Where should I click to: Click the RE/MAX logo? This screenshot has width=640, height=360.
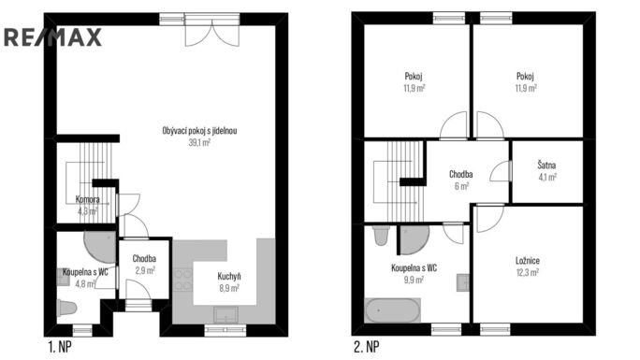pos(52,37)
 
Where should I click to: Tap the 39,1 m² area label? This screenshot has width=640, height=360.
pos(199,143)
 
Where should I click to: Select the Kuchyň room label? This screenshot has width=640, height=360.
pos(229,277)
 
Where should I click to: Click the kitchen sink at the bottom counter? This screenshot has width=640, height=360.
pos(225,315)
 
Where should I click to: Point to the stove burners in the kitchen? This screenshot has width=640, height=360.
pos(182,280)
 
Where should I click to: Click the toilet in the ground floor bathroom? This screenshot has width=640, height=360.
pos(66,308)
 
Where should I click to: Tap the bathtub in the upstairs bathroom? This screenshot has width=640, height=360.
pos(392,310)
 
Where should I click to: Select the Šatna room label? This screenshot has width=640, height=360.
pos(546,166)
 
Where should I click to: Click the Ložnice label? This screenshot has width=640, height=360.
pos(528,261)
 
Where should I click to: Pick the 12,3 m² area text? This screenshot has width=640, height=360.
pos(528,272)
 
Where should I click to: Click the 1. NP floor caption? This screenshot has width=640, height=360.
pos(60,347)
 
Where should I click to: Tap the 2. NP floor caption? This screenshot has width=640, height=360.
pos(366,347)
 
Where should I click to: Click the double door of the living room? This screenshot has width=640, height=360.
pos(212,31)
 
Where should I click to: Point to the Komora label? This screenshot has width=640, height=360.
pos(87,199)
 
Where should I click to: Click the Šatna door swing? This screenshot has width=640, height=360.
pos(501,171)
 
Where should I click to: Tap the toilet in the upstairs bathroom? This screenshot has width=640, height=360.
pos(381,236)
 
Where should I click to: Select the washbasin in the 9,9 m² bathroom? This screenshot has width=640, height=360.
pos(463,282)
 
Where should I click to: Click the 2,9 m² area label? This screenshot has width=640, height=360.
pos(145,270)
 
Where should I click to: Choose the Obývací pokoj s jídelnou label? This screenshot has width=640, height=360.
pos(199,131)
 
